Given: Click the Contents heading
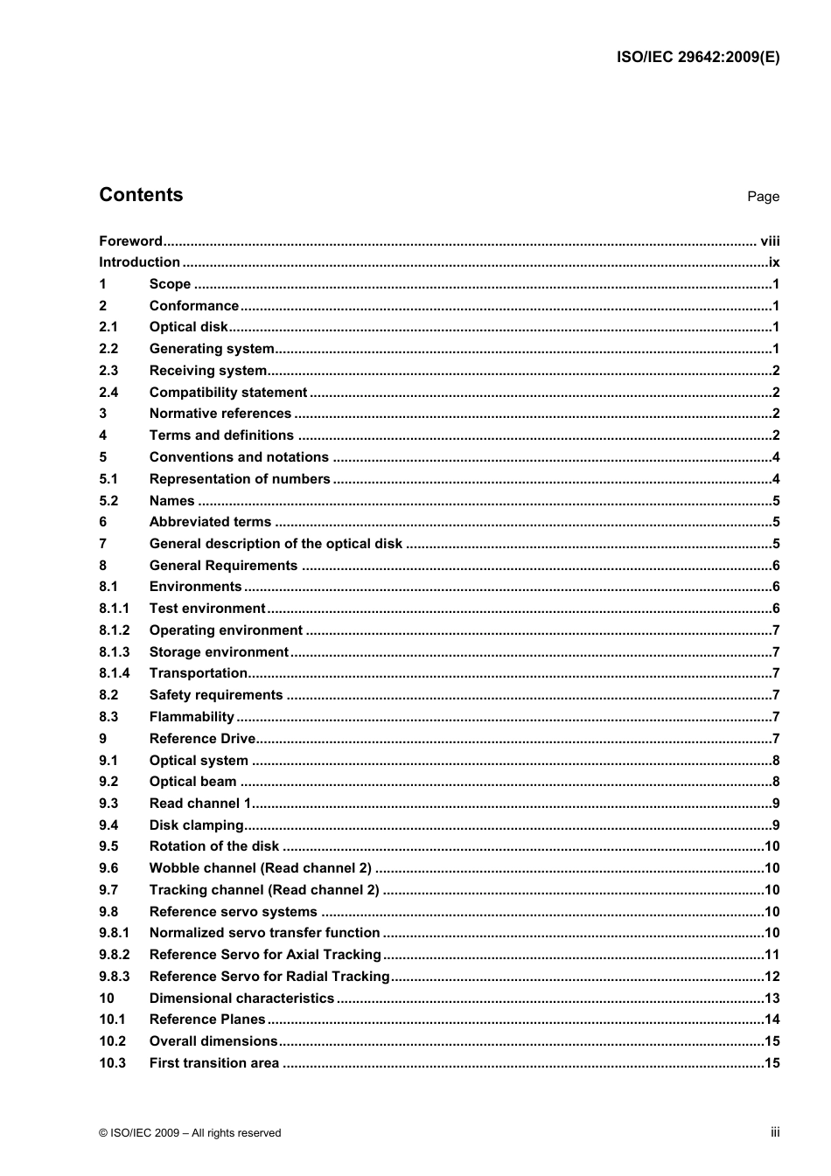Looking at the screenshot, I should (141, 195).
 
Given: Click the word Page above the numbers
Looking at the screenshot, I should (763, 197).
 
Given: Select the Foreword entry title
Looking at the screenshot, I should (130, 241).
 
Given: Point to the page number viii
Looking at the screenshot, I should (769, 241).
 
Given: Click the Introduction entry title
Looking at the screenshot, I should (139, 262).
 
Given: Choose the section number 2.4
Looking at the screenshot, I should (108, 393).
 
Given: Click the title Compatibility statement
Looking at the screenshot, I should (228, 393).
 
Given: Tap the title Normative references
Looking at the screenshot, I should (220, 414).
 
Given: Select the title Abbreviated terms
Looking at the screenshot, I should (210, 522).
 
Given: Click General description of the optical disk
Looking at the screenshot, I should (276, 544).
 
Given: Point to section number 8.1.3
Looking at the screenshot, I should (114, 652).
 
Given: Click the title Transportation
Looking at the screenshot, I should (199, 673).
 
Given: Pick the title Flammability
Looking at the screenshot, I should (192, 717).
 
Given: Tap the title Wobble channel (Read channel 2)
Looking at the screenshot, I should (260, 868).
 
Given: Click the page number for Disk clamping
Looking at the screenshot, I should (776, 825).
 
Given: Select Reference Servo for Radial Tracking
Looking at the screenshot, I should (269, 977).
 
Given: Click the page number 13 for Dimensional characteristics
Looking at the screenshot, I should (772, 999).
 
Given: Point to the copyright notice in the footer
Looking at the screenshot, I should (190, 1133).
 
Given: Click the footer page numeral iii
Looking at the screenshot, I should (775, 1132).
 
